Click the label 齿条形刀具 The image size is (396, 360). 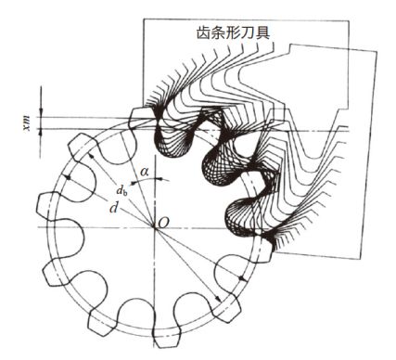tap(233, 32)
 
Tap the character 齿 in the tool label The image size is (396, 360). tap(203, 32)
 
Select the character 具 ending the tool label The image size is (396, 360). tap(262, 32)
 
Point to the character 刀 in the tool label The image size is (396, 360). tap(249, 32)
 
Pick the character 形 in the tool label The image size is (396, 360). tap(234, 32)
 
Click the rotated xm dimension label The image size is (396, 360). tap(27, 123)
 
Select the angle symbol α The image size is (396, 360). tap(144, 172)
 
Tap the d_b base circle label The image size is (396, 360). tap(122, 190)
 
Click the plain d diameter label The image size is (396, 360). tap(114, 208)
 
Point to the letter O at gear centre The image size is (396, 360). tap(163, 224)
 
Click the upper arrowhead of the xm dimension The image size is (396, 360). tap(41, 112)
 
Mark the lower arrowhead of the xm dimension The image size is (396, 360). tap(41, 133)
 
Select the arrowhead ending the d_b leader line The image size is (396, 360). tap(91, 156)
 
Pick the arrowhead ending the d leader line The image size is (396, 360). tap(68, 177)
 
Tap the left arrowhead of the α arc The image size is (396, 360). tap(134, 183)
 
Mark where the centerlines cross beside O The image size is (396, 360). tap(155, 227)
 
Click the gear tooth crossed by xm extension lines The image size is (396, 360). tap(140, 119)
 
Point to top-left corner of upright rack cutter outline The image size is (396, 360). tap(143, 19)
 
